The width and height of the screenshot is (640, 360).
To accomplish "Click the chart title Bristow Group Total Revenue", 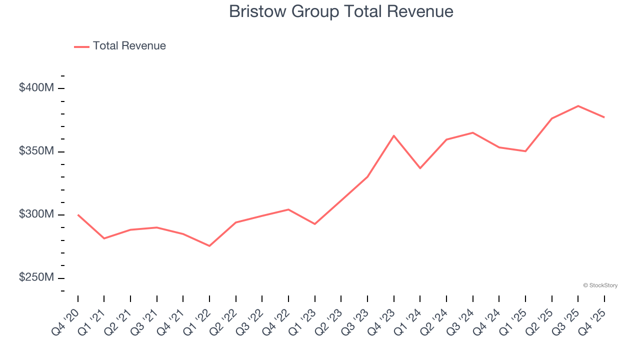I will [341, 11].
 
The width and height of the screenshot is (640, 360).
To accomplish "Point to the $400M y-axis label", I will [36, 88].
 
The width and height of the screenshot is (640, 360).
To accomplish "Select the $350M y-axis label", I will [36, 151].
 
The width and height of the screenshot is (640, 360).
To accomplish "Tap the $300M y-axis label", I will [36, 214].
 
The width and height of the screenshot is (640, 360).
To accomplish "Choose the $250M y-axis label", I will [36, 277].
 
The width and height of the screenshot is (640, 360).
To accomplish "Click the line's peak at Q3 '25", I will [578, 106].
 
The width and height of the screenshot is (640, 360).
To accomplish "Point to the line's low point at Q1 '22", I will [209, 246].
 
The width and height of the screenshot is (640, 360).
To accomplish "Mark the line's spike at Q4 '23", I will [394, 135].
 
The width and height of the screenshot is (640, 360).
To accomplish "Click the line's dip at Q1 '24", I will [420, 168].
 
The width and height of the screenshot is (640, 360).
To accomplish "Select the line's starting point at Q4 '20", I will [78, 214].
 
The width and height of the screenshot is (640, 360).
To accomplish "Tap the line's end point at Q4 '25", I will [604, 117].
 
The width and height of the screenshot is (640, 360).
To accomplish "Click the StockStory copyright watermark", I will [600, 285].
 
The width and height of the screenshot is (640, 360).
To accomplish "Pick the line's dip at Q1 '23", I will [315, 224].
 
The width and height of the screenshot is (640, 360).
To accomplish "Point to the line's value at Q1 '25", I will [525, 151].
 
